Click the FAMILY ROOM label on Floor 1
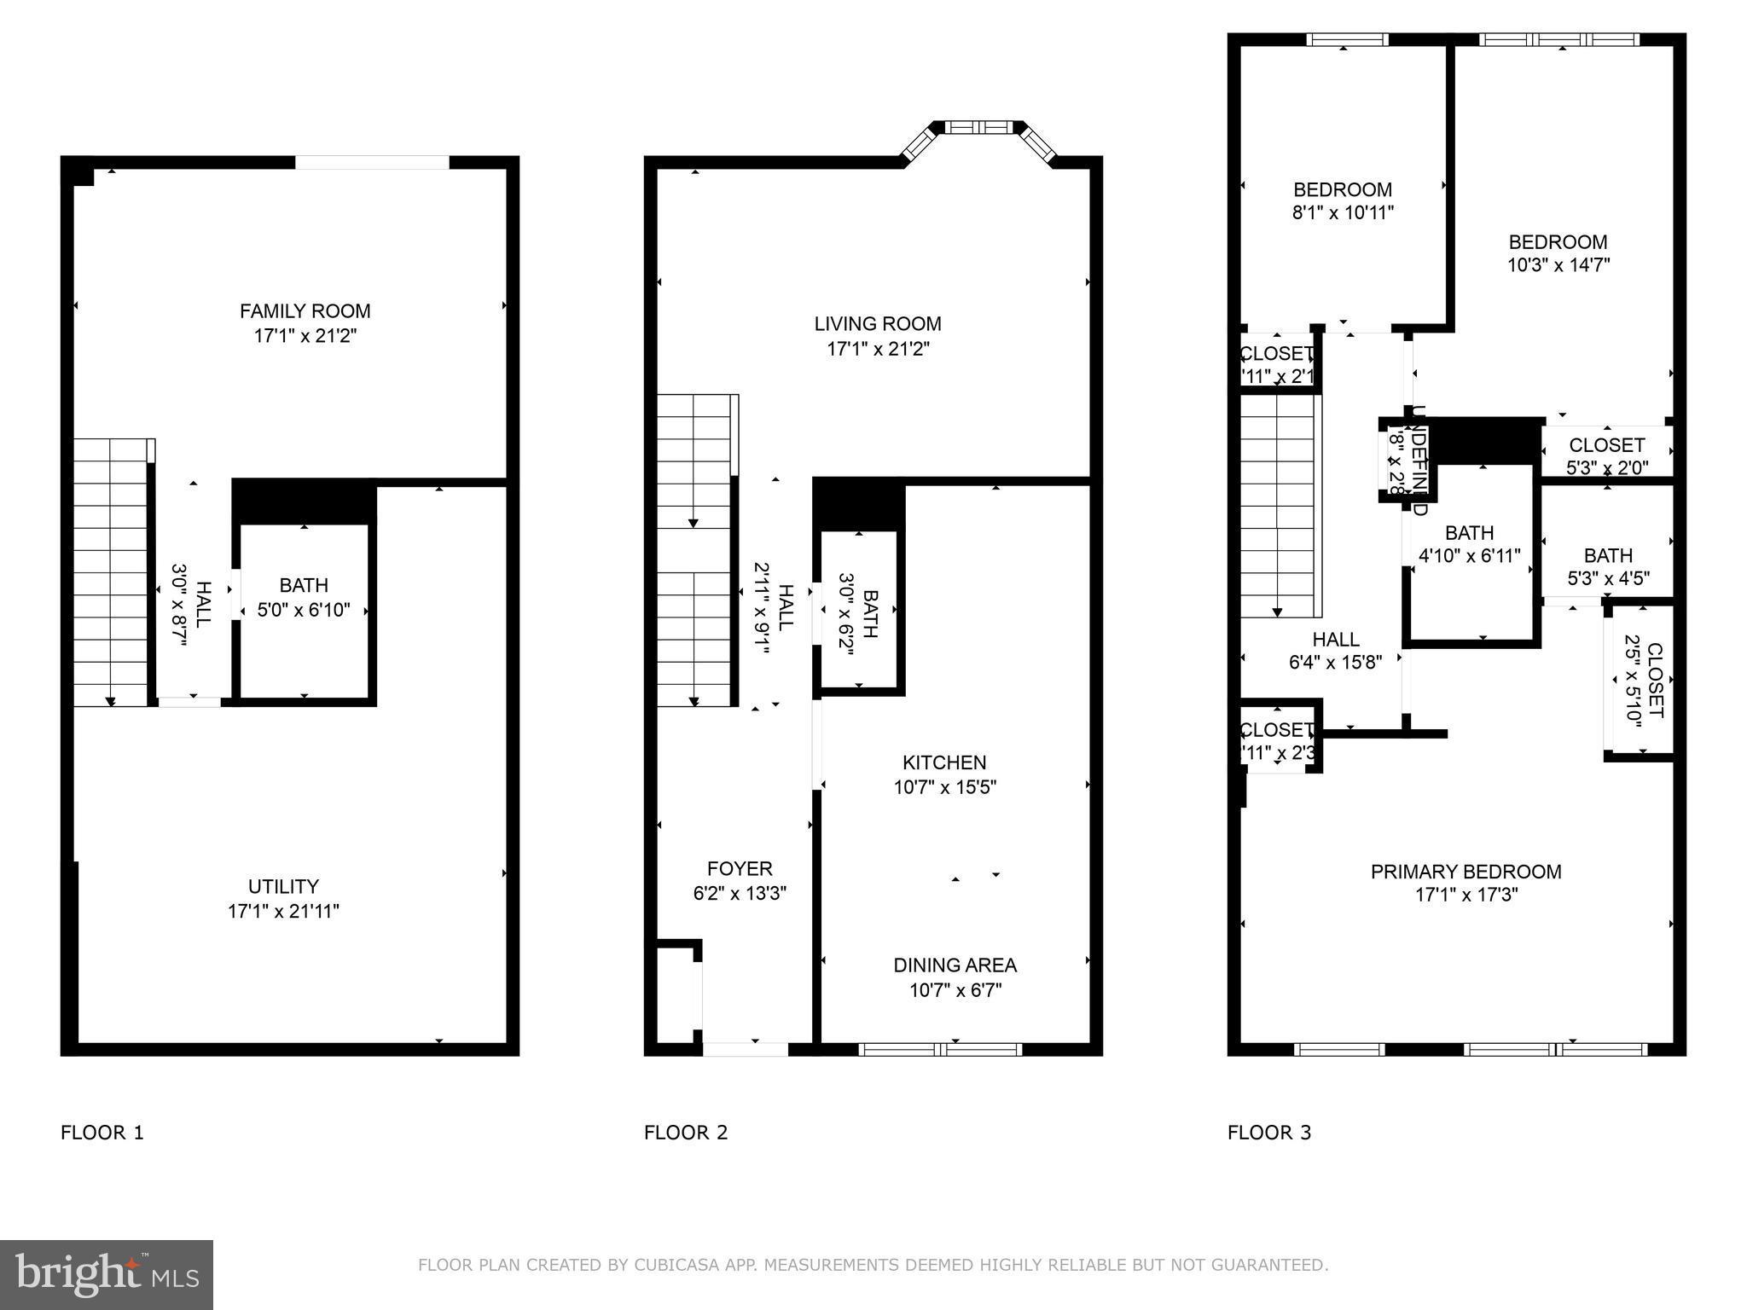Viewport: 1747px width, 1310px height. point(305,311)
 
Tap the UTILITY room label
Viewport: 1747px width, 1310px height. point(283,887)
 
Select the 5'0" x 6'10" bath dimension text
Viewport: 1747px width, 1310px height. point(304,610)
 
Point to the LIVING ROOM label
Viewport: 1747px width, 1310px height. point(878,324)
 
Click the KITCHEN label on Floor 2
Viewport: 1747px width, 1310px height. point(944,762)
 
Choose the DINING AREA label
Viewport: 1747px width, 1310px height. point(955,965)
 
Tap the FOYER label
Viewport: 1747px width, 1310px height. point(740,869)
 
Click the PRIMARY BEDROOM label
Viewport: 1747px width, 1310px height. point(1466,872)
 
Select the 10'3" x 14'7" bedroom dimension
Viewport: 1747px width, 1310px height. point(1558,265)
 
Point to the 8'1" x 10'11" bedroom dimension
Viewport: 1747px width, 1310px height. point(1343,212)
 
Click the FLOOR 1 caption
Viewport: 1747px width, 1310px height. point(102,1133)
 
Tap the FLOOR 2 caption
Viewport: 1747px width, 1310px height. point(686,1133)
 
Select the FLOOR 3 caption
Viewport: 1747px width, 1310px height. point(1269,1133)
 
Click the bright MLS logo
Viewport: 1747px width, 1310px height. point(107,1274)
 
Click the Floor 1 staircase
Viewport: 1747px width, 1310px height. point(111,571)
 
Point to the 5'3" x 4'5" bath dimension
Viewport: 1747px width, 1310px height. point(1608,579)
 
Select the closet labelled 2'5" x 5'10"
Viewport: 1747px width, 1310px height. point(1642,681)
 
